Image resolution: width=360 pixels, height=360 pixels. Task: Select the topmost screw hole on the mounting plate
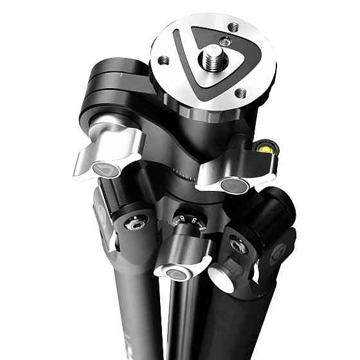(233, 27)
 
